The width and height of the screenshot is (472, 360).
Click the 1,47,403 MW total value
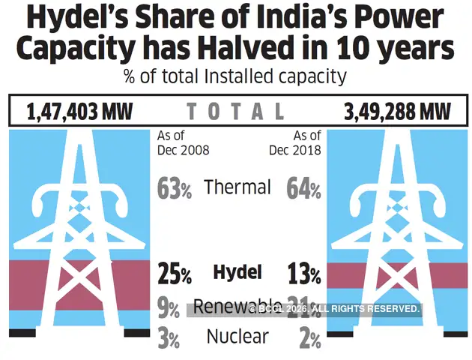pos(79,112)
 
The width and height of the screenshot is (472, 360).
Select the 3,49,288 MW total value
pos(398,112)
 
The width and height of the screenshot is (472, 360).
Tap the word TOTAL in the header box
pos(235,112)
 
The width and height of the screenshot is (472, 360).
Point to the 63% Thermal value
pos(175,188)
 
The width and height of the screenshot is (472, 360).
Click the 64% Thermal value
pos(303,188)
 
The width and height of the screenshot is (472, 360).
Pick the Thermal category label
pos(237,187)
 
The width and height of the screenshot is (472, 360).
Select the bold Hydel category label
pos(237,272)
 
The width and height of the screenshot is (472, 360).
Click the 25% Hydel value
pos(175,274)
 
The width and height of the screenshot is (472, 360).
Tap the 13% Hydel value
pos(303,274)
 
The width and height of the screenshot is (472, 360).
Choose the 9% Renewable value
pos(169,308)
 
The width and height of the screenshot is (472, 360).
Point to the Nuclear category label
pos(237,337)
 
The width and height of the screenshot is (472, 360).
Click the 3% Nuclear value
pos(169,339)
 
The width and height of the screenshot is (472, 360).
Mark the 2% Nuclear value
pos(309,339)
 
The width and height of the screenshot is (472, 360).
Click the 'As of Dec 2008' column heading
pos(183,142)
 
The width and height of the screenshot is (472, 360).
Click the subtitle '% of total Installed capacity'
pos(235,76)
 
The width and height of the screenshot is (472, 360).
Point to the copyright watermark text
pos(333,309)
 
